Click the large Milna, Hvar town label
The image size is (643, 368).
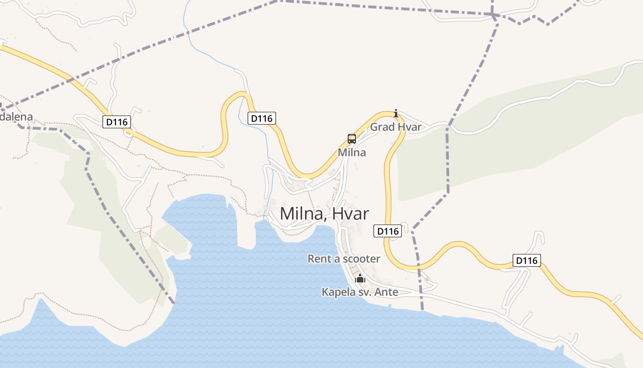click(324, 214)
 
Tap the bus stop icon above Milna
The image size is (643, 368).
click(352, 138)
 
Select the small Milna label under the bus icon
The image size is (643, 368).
click(352, 152)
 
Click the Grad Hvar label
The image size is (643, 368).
click(395, 127)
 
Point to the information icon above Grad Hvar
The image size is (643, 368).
click(396, 113)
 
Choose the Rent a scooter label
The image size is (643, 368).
click(344, 259)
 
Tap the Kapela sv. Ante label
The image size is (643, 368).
click(360, 292)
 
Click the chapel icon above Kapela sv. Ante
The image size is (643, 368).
click(360, 278)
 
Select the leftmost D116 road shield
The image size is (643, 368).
click(117, 122)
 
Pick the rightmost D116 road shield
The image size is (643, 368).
click(526, 261)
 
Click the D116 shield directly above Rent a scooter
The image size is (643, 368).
click(388, 231)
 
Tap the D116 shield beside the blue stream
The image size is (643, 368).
click(262, 118)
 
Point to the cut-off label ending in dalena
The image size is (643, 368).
click(17, 117)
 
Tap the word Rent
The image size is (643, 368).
click(318, 259)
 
